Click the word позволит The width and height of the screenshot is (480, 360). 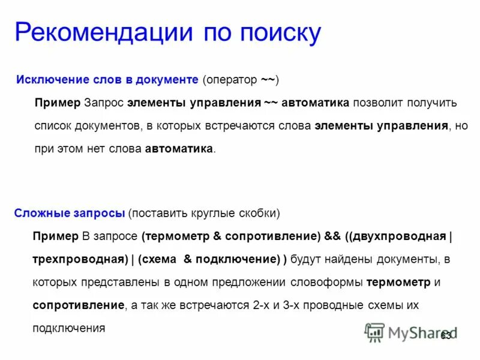[x=381, y=103]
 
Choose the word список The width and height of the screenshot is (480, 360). [x=53, y=126]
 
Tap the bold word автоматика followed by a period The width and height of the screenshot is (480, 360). [x=179, y=149]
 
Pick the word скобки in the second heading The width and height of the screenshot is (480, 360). [x=257, y=213]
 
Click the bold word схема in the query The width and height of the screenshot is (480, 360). [x=160, y=259]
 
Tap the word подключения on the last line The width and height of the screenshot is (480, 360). [x=69, y=328]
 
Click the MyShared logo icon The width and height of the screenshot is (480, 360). [x=375, y=332]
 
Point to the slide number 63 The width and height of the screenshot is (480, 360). [x=446, y=335]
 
